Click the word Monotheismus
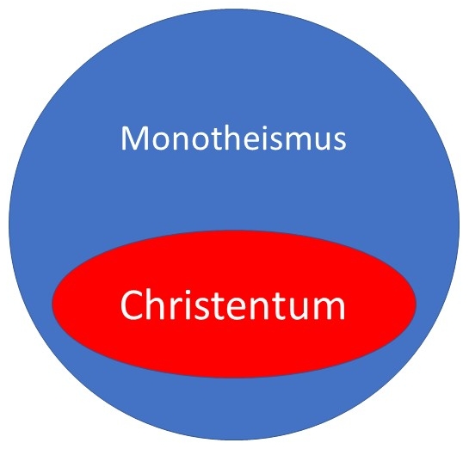coord(233,138)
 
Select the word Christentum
coord(233,305)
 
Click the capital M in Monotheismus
coord(132,138)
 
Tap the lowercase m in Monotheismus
coord(299,140)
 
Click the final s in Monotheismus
coord(339,141)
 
